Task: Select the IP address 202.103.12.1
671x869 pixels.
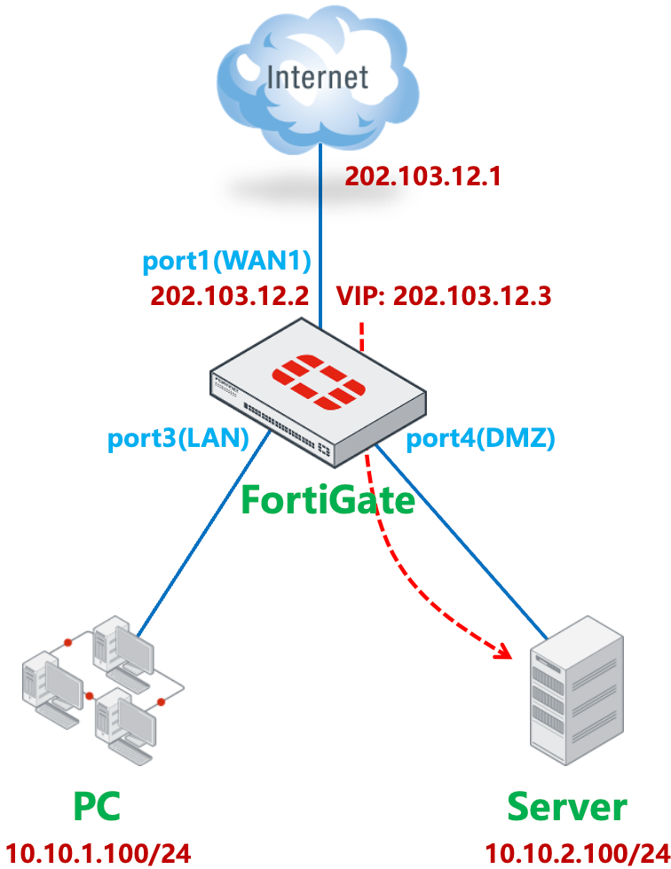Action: tap(423, 176)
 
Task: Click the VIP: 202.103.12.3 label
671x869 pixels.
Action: tap(444, 295)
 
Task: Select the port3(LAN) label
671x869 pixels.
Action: tap(178, 439)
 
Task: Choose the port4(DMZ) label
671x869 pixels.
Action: tap(480, 439)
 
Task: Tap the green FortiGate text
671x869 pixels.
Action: tap(328, 501)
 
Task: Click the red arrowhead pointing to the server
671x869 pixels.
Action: tap(505, 654)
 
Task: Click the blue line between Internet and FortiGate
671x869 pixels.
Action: tap(320, 231)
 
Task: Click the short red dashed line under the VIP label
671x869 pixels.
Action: tap(361, 336)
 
